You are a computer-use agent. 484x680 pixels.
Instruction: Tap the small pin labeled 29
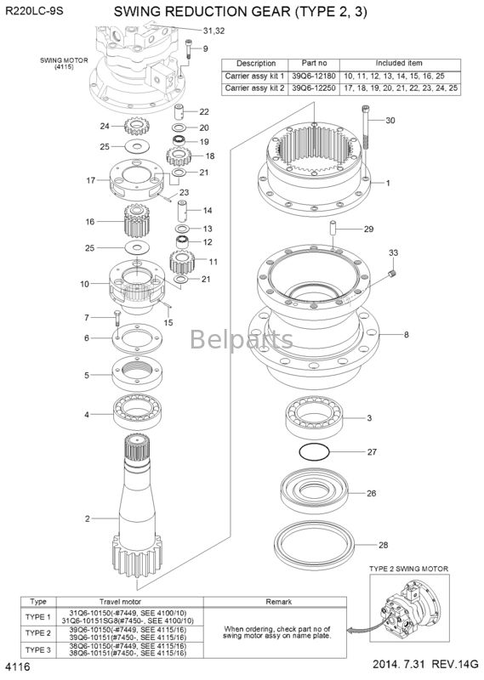tap(333, 229)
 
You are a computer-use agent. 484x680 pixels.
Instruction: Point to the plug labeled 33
tap(393, 274)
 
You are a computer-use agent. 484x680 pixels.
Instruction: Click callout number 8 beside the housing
tap(407, 335)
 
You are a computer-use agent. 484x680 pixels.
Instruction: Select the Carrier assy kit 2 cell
tap(255, 88)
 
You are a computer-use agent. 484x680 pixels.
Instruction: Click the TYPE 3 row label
tap(37, 649)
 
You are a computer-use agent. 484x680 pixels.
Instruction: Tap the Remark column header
tap(279, 602)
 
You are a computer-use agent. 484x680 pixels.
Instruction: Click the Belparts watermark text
tap(242, 339)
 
